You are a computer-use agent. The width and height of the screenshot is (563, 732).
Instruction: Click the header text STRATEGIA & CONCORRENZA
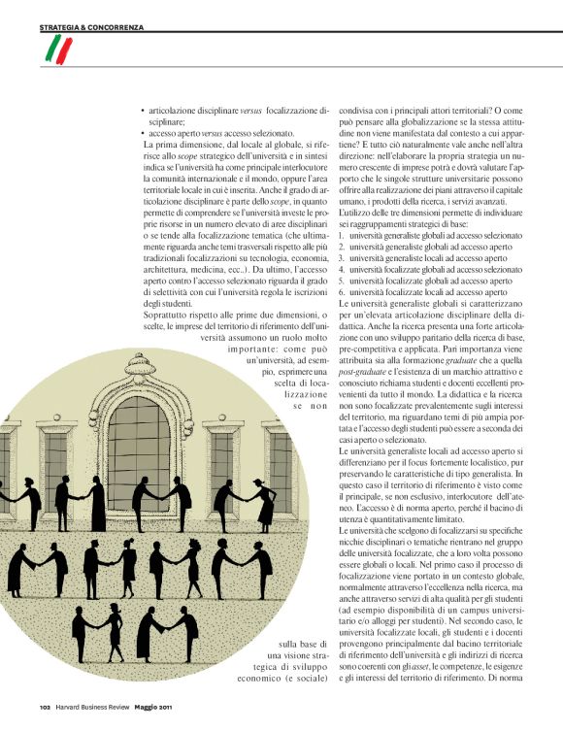(x=92, y=27)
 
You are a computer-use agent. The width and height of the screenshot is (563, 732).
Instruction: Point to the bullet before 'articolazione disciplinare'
(x=143, y=113)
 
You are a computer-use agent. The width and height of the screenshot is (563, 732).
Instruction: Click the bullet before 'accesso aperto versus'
(x=143, y=134)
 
